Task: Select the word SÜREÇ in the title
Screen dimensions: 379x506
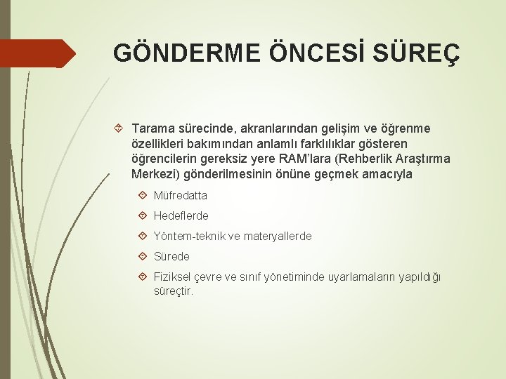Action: click(421, 53)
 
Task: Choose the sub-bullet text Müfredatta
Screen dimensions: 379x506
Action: click(181, 196)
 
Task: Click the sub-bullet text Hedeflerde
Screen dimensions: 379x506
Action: click(181, 216)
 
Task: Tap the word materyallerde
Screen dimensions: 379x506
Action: click(278, 237)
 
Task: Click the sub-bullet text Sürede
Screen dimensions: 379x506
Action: click(171, 257)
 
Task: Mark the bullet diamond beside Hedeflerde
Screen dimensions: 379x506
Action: click(143, 216)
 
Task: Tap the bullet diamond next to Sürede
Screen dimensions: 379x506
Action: click(143, 257)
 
